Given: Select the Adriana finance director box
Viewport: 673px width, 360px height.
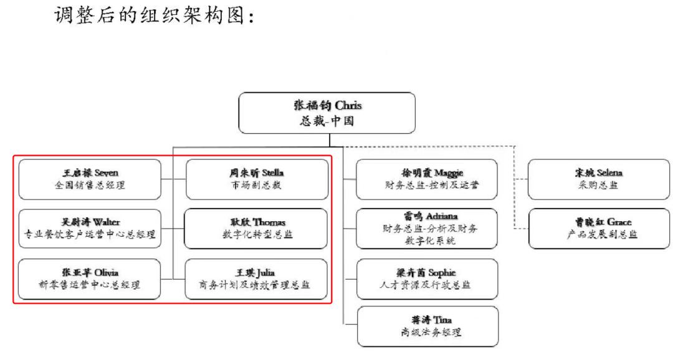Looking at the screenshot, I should [x=427, y=227].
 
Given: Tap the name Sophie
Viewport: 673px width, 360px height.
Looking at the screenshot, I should [x=442, y=273].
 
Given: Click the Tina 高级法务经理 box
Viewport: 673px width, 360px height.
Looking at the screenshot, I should [x=427, y=326].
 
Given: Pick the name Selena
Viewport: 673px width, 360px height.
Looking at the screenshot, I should [x=614, y=172].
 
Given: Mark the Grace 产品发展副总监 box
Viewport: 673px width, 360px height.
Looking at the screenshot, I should [x=599, y=227].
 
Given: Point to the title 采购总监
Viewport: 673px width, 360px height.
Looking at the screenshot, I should [x=598, y=184].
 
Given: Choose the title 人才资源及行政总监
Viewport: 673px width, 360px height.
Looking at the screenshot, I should [x=427, y=285].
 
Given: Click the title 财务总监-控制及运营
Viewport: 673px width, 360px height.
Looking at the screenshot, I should [x=427, y=184].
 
